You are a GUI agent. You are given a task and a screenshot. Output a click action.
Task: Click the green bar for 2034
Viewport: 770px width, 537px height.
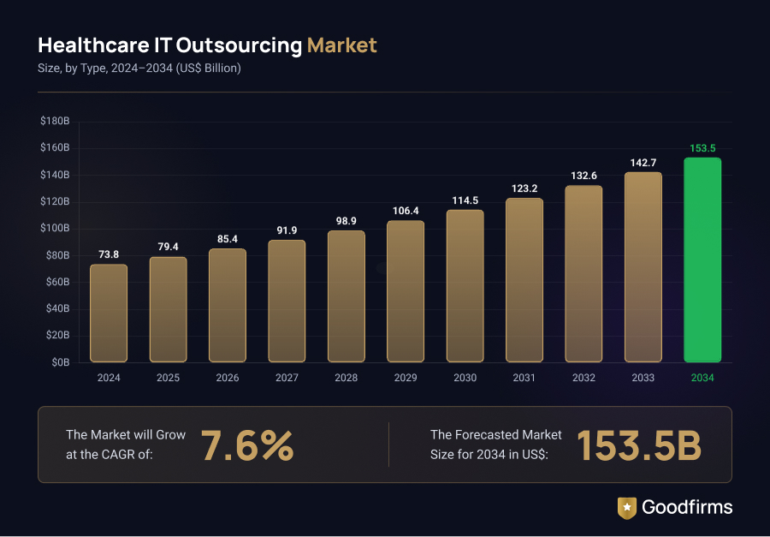point(702,260)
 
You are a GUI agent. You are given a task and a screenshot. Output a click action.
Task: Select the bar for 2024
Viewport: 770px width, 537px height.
point(109,313)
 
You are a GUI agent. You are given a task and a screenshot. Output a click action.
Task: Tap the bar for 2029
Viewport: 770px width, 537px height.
point(406,291)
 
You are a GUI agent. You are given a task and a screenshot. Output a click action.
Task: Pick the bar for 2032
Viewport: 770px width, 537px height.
point(583,273)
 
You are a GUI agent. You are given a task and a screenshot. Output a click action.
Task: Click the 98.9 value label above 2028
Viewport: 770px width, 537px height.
point(346,221)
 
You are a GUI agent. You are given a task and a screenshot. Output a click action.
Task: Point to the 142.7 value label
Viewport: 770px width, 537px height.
point(643,163)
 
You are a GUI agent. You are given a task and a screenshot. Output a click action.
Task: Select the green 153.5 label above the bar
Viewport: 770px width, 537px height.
point(702,148)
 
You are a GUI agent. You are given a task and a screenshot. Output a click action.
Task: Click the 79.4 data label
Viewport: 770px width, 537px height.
point(168,247)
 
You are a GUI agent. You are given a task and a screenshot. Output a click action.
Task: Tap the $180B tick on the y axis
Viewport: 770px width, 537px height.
point(55,122)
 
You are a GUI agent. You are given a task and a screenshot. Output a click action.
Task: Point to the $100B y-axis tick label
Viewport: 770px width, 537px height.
point(55,229)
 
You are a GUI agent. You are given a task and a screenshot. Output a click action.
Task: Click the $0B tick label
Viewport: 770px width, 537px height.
point(60,362)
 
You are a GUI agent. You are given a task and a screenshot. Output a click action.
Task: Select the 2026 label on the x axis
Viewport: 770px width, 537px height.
point(228,378)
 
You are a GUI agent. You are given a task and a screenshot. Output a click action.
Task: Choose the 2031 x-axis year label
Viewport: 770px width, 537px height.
point(524,378)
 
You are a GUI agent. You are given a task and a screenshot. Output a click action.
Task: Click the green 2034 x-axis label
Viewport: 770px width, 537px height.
point(702,378)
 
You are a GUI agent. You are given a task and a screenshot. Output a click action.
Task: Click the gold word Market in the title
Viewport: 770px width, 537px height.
point(341,45)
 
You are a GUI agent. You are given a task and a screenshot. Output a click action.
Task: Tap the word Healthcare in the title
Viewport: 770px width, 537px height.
point(93,45)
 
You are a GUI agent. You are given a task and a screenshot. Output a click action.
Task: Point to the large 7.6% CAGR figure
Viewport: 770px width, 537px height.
point(247,445)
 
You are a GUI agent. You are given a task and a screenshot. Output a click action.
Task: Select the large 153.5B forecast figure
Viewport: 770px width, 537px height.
point(638,445)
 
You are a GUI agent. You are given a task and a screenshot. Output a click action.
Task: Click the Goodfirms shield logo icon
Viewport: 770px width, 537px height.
point(627,507)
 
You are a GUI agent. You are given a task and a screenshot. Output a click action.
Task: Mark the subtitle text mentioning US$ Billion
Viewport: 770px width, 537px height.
point(139,69)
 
